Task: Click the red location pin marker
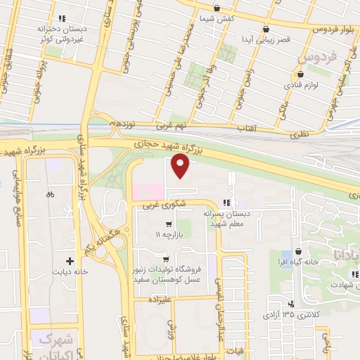(x=181, y=167)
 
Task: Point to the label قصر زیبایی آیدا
(x=261, y=40)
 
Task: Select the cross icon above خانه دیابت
(x=69, y=259)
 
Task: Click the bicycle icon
(x=49, y=194)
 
